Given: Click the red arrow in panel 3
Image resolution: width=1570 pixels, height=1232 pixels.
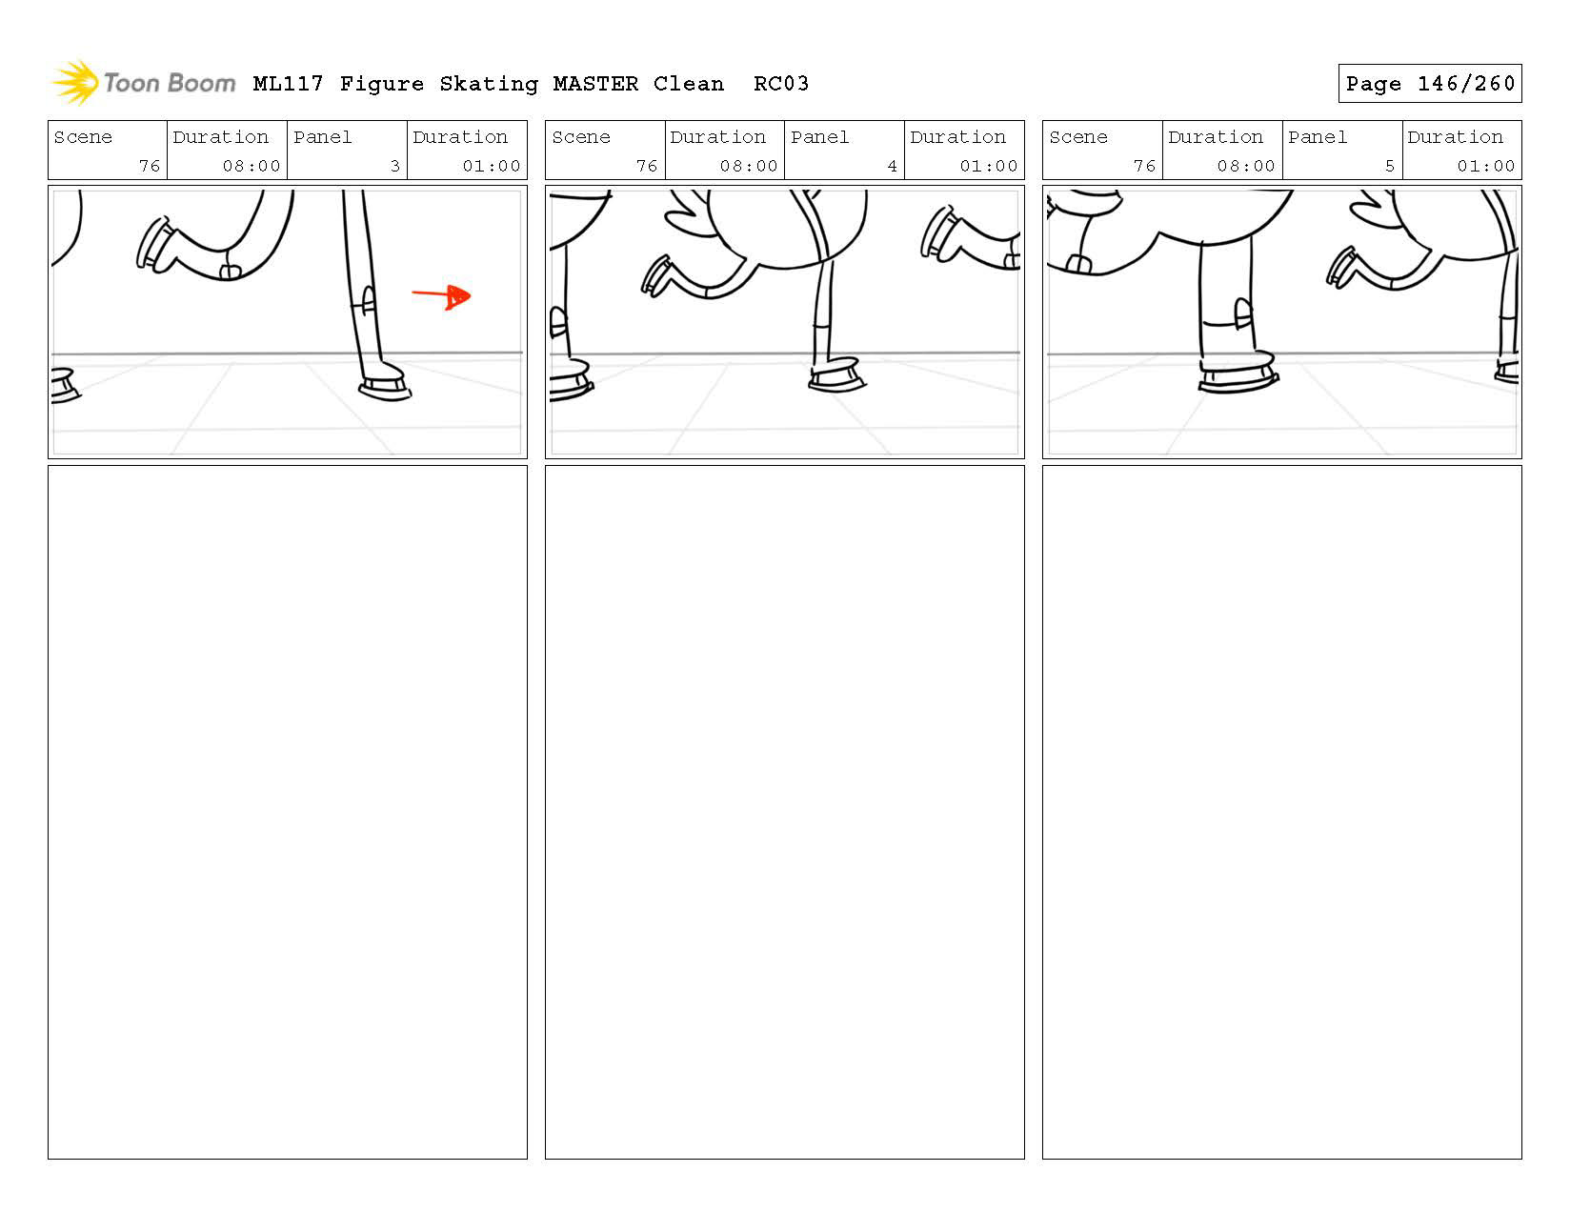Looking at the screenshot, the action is click(x=441, y=295).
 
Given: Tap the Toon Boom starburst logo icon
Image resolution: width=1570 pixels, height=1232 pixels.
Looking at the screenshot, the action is click(x=76, y=82).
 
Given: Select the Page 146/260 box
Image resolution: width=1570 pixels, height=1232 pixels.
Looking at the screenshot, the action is click(x=1429, y=83).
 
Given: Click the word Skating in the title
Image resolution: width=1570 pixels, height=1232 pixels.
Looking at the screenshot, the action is click(x=489, y=84).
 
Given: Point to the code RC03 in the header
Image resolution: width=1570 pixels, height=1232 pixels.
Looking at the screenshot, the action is click(x=781, y=83).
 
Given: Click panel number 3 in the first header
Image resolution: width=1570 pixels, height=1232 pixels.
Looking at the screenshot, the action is click(x=395, y=166).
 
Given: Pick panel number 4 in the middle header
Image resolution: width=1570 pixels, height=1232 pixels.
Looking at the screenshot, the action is click(x=893, y=166).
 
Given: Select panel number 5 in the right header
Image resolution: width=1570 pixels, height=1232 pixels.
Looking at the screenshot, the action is click(x=1389, y=166).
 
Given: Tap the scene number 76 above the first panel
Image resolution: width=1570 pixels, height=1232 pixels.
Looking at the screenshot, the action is click(x=150, y=166).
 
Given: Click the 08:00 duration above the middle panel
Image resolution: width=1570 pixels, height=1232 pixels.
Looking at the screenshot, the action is click(x=749, y=166).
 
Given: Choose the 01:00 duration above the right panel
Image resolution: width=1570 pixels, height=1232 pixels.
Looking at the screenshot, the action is click(x=1485, y=166).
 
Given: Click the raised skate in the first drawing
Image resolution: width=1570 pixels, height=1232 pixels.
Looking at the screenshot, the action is click(x=155, y=246).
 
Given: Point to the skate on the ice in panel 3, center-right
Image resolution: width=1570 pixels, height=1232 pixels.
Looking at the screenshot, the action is click(x=385, y=383).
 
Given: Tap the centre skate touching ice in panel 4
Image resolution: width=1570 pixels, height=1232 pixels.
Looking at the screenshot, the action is click(x=835, y=375).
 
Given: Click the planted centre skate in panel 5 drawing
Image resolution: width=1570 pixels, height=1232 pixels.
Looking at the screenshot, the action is click(x=1238, y=373).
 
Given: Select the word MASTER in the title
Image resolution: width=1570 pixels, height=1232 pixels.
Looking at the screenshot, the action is click(x=595, y=84).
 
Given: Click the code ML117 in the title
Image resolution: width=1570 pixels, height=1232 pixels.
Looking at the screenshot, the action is click(x=289, y=84).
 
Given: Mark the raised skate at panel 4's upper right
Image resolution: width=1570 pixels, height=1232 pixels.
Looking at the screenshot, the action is click(x=941, y=234).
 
